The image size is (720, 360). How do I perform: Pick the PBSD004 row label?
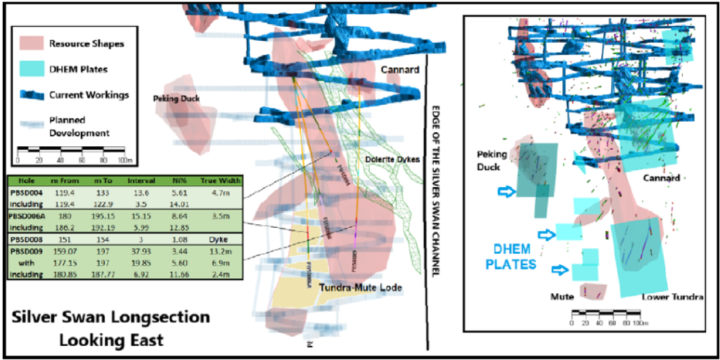[25, 193]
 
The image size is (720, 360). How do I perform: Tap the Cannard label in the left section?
[400, 70]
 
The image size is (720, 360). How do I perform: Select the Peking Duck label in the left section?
[176, 99]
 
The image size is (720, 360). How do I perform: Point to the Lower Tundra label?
[672, 297]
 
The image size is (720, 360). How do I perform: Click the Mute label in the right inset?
[560, 297]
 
